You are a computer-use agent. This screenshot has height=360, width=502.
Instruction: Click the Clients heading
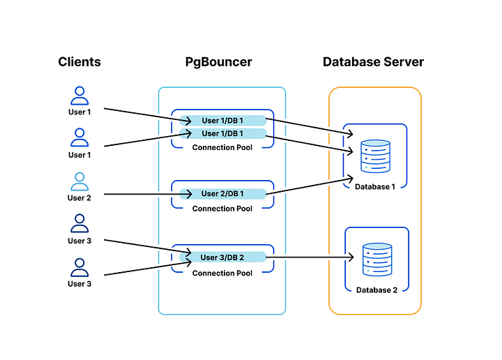[79, 62]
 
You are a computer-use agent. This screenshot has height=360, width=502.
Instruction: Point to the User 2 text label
[79, 198]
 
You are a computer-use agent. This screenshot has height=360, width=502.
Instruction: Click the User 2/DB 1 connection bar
[222, 193]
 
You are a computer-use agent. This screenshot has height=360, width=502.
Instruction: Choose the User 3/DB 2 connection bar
[222, 257]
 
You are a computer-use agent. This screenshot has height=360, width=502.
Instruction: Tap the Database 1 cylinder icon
[375, 156]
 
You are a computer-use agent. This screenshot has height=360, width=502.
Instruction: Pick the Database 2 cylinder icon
[376, 260]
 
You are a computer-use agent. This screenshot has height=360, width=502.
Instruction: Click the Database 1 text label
[375, 187]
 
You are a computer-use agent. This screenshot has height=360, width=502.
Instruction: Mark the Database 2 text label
[376, 290]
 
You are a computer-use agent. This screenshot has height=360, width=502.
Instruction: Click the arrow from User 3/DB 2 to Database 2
[307, 258]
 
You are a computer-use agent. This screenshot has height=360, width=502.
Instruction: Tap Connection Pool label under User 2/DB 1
[222, 209]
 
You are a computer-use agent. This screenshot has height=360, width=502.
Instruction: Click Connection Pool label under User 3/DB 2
[222, 273]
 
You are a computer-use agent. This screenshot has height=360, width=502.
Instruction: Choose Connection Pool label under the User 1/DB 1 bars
[222, 147]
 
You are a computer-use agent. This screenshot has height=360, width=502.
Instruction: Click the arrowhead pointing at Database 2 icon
[351, 258]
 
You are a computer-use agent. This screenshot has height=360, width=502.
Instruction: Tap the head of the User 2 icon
[79, 177]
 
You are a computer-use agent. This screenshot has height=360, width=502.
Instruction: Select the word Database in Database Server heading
[351, 62]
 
